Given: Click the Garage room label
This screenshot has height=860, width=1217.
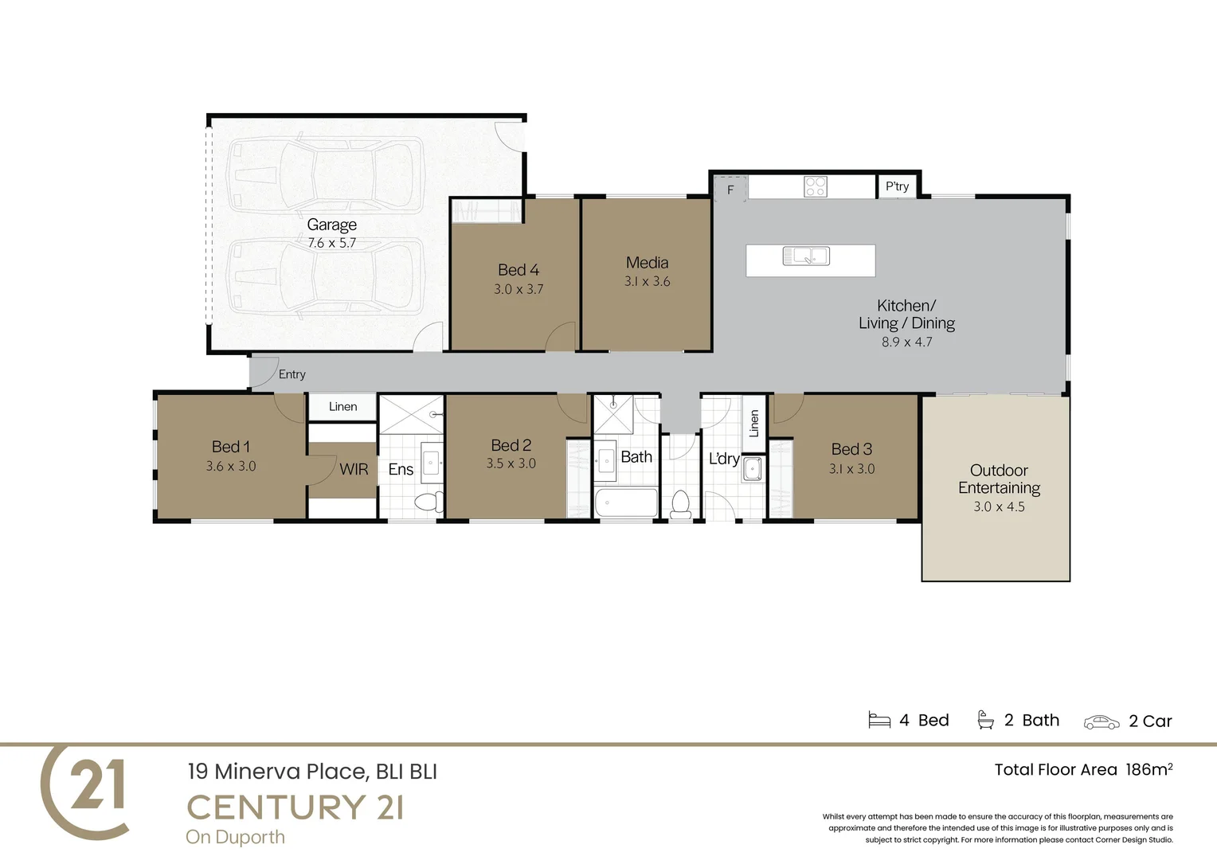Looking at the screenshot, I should (x=331, y=225).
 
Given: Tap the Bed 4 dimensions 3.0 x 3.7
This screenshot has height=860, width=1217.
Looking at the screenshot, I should (x=518, y=289).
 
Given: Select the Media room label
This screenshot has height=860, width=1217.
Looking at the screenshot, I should (x=647, y=263).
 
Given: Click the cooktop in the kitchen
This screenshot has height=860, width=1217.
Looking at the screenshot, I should (x=815, y=186).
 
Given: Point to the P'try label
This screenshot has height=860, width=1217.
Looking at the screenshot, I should (x=897, y=186).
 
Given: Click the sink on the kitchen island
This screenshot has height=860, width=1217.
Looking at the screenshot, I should (x=806, y=256).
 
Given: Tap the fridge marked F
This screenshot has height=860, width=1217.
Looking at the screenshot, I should (x=730, y=190).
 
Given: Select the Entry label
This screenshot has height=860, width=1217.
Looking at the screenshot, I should (x=292, y=374).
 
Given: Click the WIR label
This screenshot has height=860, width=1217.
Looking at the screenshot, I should (x=354, y=469).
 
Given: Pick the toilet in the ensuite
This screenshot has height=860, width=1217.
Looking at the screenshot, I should (x=428, y=502).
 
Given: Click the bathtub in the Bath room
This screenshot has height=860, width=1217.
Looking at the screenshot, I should (x=626, y=502).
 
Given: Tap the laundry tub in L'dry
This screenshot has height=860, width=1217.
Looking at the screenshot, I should (x=753, y=469).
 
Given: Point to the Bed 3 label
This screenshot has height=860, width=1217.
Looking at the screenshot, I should (x=851, y=449).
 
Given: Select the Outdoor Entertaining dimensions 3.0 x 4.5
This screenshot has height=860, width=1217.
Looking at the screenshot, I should (x=999, y=506).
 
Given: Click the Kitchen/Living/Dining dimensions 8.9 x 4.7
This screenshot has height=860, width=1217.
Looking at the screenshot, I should (x=906, y=342).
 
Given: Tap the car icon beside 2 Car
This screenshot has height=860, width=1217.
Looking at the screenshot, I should (x=1102, y=721).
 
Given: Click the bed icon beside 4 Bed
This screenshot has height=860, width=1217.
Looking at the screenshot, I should (x=879, y=720).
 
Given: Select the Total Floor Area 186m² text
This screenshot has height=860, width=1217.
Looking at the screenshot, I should (x=1083, y=769).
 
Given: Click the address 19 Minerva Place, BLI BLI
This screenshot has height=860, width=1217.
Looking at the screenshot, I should (x=312, y=771).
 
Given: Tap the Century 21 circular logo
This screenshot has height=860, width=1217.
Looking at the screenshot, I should (x=85, y=791).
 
